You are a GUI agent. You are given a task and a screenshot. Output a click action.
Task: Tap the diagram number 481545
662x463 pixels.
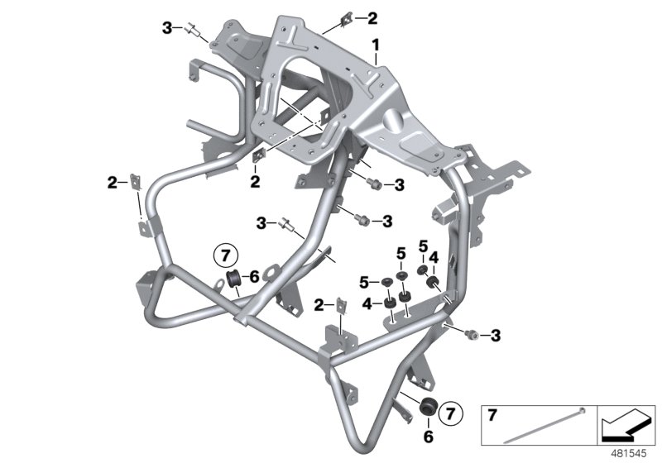[632, 453]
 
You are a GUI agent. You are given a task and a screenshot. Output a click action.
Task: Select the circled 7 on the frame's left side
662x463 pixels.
[226, 253]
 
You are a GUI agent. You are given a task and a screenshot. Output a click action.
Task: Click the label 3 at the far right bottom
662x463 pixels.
[495, 334]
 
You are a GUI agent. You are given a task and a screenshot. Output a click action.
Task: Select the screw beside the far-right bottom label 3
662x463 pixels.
[470, 334]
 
